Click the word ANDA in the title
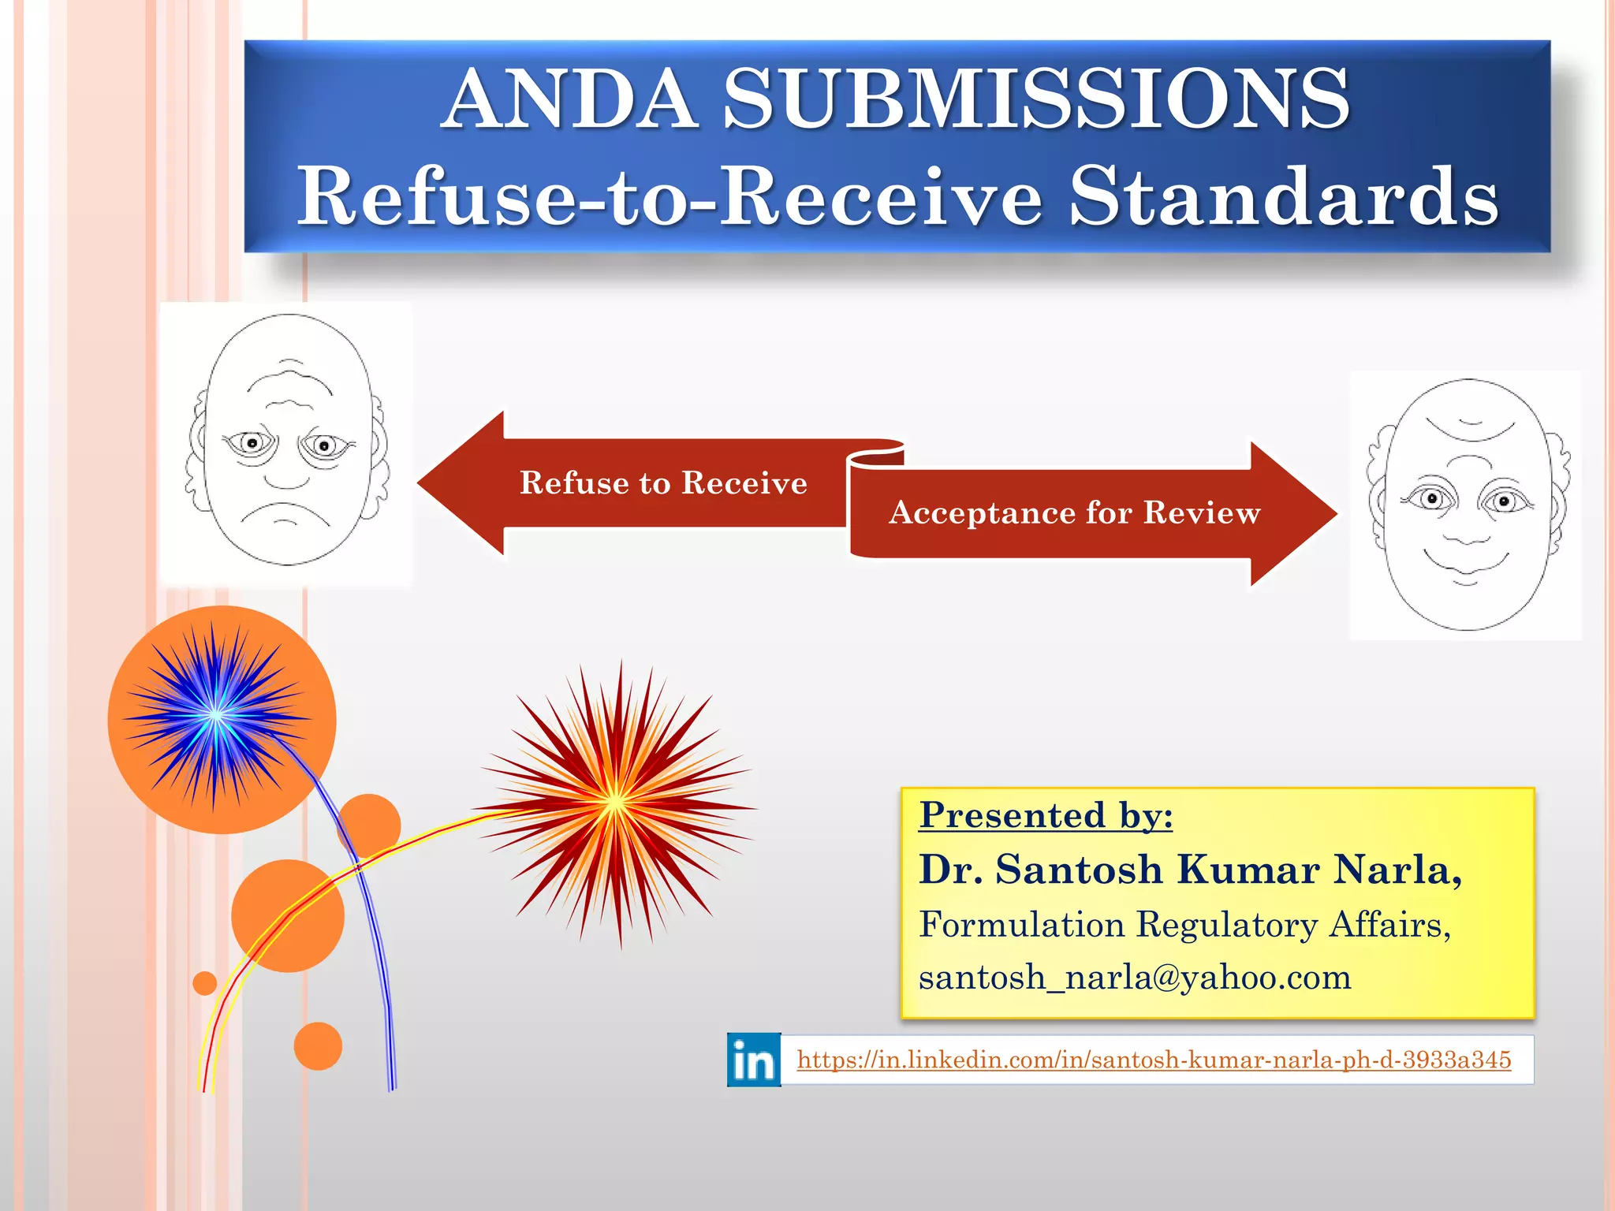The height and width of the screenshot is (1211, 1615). tap(569, 99)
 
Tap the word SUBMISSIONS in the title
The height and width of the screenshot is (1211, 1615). tap(1035, 99)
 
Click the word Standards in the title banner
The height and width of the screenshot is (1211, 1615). tap(1283, 197)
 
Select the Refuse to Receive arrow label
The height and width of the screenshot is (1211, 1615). tap(663, 483)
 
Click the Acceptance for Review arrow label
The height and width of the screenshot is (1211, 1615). tap(1074, 512)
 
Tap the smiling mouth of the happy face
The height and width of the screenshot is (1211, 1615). tap(1466, 564)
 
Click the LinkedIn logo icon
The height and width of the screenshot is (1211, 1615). tap(754, 1060)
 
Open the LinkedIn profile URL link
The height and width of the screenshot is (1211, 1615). tap(1153, 1060)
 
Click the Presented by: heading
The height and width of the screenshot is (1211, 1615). tap(1046, 815)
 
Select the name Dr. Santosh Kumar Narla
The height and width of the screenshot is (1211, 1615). tap(1190, 870)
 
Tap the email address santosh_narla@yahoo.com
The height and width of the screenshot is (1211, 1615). tap(1135, 978)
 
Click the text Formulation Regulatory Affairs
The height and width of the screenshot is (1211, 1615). tap(1184, 924)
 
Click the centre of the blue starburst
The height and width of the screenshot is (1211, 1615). tap(215, 715)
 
